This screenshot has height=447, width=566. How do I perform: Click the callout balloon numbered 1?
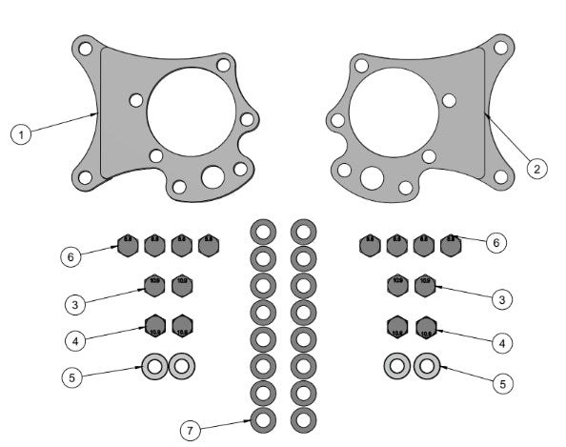[x=22, y=134]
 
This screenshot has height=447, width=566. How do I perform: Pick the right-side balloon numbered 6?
[x=493, y=243]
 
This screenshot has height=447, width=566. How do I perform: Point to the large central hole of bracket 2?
[x=393, y=112]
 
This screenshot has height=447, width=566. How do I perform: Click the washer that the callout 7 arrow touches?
[x=263, y=417]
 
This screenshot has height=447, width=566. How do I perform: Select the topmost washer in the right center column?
[x=304, y=231]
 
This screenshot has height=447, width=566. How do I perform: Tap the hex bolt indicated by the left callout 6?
[x=129, y=246]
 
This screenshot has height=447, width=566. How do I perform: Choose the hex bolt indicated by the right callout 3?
[x=425, y=284]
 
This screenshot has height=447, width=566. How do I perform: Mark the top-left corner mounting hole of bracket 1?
[x=86, y=48]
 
